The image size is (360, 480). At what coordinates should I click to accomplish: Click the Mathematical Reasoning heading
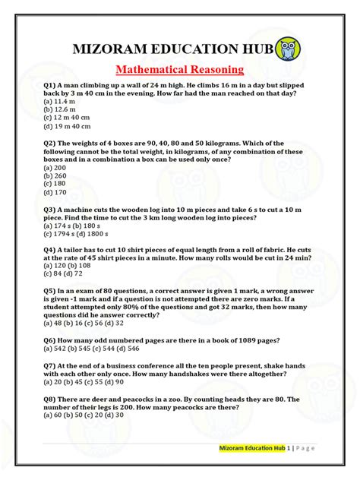[179, 70]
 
